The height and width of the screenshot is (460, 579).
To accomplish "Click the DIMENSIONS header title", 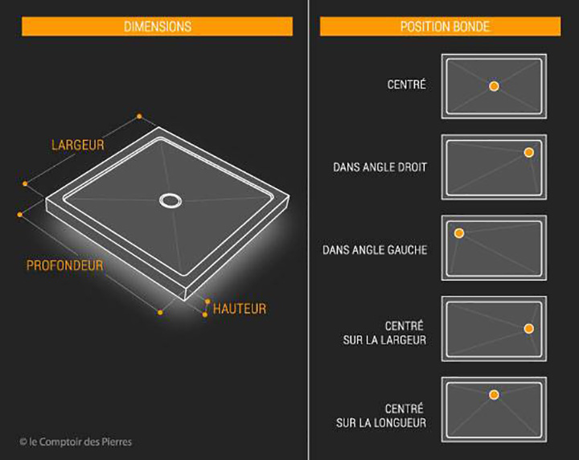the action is tap(158, 27).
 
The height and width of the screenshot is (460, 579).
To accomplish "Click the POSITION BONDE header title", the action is tap(446, 27).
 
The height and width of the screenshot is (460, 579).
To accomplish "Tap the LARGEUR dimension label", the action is tap(78, 145).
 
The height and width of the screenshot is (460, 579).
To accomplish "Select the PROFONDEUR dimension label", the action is tap(64, 265).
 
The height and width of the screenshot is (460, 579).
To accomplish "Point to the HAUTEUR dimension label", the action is tap(240, 309).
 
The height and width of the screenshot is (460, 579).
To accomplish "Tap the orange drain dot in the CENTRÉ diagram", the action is tap(494, 86).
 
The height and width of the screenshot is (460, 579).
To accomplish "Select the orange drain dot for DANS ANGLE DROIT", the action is tap(529, 152).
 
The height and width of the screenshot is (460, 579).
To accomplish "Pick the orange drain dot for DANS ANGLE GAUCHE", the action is tap(459, 233).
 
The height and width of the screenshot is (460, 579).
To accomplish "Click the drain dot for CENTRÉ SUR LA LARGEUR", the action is tap(529, 328).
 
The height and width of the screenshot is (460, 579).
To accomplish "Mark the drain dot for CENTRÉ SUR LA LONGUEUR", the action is tap(494, 395).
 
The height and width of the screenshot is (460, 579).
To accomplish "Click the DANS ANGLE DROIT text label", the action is tap(380, 167).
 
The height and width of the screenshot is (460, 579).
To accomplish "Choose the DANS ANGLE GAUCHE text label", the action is tap(375, 250).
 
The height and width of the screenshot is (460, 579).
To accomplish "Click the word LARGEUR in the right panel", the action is tap(403, 340).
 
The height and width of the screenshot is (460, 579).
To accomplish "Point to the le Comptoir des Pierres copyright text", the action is tap(76, 442).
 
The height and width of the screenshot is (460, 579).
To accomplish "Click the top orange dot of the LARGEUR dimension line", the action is tap(139, 117).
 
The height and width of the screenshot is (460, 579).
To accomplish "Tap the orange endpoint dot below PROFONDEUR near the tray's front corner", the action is tap(160, 312).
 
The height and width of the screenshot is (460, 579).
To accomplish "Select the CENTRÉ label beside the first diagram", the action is tap(407, 84).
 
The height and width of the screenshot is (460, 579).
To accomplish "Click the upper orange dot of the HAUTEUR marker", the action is tap(207, 302).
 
